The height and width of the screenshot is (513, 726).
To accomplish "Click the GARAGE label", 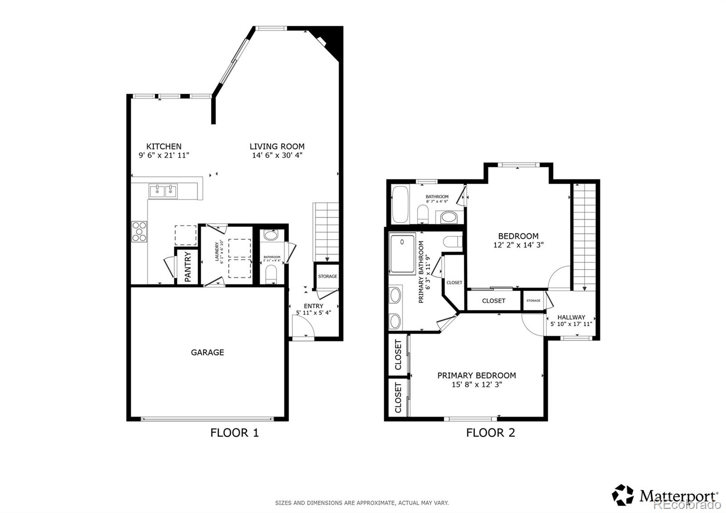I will (x=207, y=352).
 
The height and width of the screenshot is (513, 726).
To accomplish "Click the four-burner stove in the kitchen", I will (x=139, y=231).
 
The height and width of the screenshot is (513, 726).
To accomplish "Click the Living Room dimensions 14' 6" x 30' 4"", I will (x=277, y=155).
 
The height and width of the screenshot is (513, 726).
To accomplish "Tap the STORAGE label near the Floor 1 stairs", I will (x=327, y=276).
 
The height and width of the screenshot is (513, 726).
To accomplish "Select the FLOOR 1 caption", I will (x=234, y=433).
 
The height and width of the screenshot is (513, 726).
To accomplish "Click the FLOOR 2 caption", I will (x=491, y=433).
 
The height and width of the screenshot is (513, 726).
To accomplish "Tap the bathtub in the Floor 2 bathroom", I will (x=400, y=204).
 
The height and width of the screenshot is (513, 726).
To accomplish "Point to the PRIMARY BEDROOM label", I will (x=476, y=375).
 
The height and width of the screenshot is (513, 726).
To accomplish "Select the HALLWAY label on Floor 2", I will (x=571, y=317).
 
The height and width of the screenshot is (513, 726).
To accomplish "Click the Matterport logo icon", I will (x=623, y=495).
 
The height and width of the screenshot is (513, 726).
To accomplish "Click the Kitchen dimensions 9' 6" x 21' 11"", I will (x=164, y=155).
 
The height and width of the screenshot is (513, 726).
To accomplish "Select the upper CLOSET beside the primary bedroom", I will (x=398, y=355).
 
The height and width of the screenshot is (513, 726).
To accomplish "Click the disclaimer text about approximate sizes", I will (x=362, y=503).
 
